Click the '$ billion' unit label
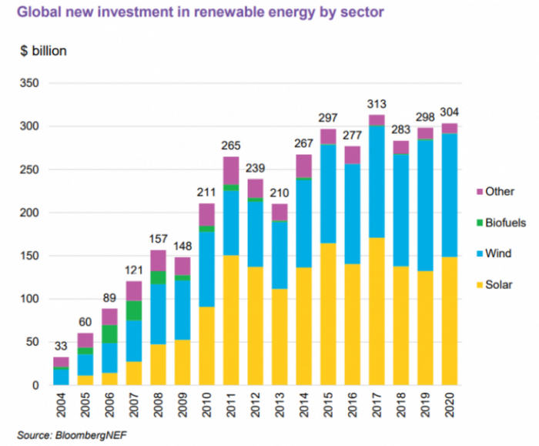(x=43, y=51)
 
